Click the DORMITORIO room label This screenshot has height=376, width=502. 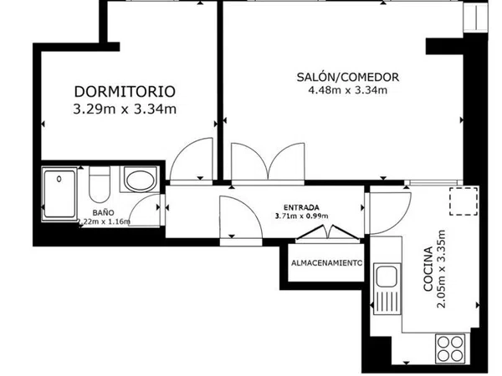pos(125,91)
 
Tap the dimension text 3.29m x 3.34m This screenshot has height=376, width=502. pos(125,109)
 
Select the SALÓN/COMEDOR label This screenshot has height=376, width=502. pos(348,77)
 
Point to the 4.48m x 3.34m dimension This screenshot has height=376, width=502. pos(348,90)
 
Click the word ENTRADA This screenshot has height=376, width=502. pos(301,207)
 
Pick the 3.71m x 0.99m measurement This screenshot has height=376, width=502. pos(301,216)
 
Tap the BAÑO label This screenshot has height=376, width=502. pos(103,212)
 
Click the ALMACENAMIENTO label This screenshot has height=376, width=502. pos(326,263)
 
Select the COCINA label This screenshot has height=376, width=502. pos(428,268)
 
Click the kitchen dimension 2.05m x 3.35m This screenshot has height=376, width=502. pos(442,268)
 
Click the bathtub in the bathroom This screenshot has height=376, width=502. pos(59,194)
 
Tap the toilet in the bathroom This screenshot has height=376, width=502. pos(100,185)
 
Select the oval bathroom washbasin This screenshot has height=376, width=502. pos(141,180)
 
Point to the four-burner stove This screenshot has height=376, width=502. pos(451,348)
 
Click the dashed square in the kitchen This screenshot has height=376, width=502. pos(464,201)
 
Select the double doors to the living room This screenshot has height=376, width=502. pos(268,161)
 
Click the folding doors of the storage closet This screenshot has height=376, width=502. pos(329,232)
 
